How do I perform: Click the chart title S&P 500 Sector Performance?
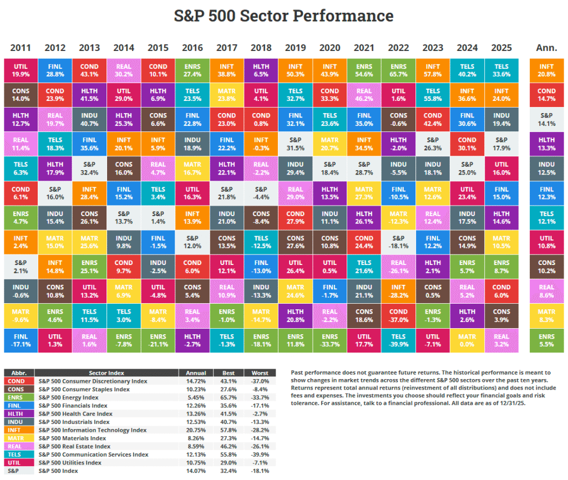[x=283, y=16]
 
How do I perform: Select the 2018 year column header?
[x=261, y=48]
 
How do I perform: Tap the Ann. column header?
[x=546, y=48]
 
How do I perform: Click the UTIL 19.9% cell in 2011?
[x=21, y=70]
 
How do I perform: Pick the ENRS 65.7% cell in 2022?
[x=398, y=70]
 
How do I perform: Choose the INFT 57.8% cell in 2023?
[x=432, y=70]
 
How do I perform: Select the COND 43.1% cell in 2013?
[x=89, y=70]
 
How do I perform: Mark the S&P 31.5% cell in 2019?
[x=295, y=144]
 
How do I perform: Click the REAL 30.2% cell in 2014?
[x=124, y=70]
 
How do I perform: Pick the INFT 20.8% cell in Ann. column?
[x=546, y=70]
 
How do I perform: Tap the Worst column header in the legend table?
[x=260, y=373]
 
